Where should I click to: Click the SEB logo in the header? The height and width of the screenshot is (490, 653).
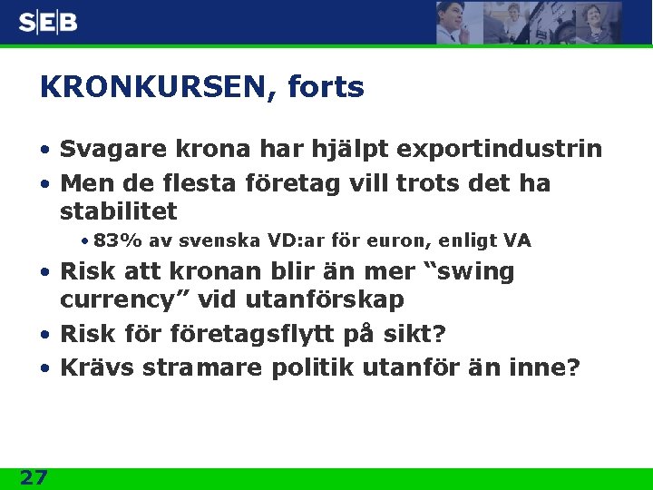click(48, 22)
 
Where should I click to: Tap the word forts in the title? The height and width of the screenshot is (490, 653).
click(326, 88)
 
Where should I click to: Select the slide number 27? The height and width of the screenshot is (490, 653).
click(34, 477)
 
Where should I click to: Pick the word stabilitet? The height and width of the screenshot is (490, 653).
click(118, 212)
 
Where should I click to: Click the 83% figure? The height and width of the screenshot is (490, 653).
click(113, 241)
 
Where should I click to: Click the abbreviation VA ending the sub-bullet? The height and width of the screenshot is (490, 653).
click(517, 241)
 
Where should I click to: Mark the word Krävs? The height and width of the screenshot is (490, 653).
click(96, 367)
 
